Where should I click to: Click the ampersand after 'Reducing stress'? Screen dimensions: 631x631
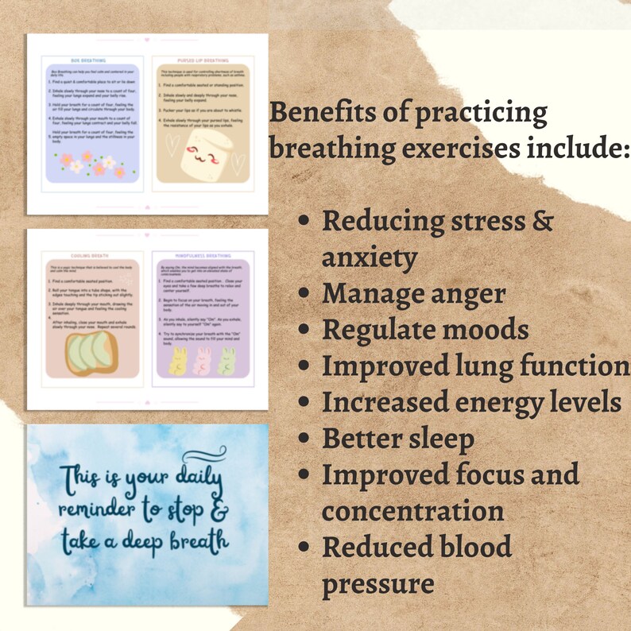click(x=541, y=220)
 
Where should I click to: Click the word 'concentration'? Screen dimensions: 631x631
click(x=412, y=511)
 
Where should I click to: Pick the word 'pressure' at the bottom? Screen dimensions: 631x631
click(x=377, y=583)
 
